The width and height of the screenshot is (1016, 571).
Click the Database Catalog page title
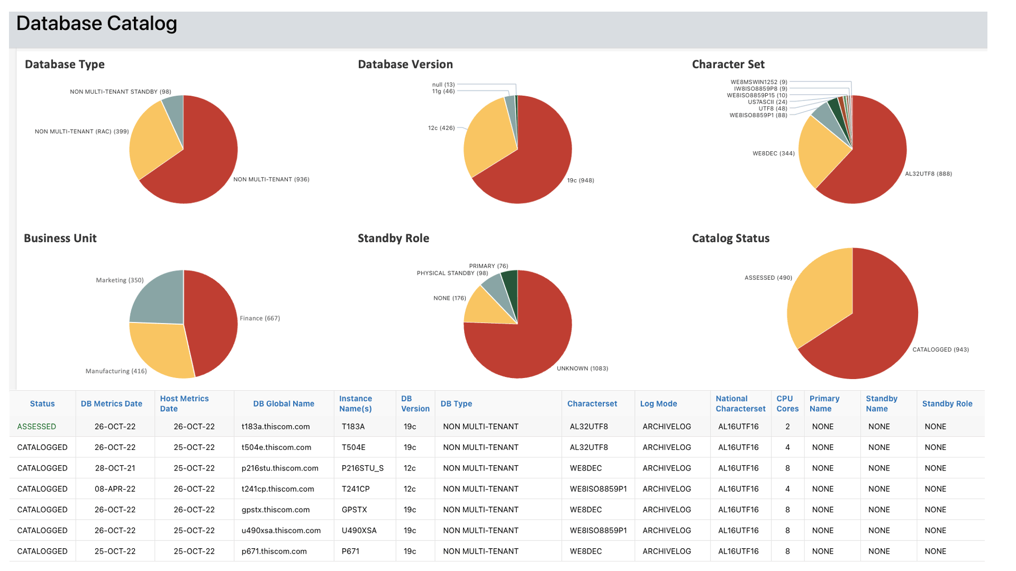click(x=97, y=24)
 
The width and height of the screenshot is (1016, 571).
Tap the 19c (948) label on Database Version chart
click(x=580, y=180)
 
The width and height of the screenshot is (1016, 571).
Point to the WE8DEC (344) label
click(x=773, y=153)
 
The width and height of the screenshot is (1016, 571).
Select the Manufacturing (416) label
click(x=116, y=371)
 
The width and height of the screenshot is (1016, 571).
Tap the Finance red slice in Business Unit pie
click(x=212, y=323)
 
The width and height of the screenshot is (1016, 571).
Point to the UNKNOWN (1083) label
click(x=582, y=369)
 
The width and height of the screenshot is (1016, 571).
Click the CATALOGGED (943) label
click(x=940, y=349)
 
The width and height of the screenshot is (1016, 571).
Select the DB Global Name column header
click(x=283, y=403)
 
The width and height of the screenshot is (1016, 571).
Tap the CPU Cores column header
click(x=787, y=403)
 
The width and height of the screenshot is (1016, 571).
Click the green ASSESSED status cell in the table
click(x=37, y=427)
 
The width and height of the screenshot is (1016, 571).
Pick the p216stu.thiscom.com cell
click(x=280, y=468)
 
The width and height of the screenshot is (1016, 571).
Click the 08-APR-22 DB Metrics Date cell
click(x=115, y=489)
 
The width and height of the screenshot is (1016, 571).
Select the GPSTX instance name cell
click(x=354, y=510)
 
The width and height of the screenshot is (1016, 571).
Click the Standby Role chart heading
click(x=393, y=238)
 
